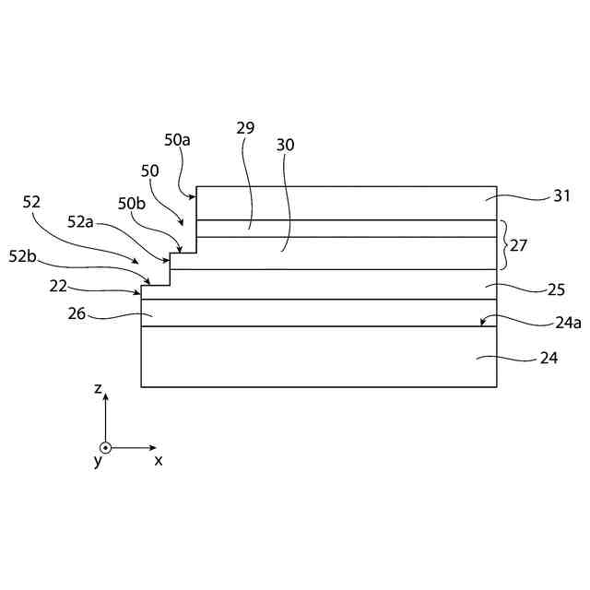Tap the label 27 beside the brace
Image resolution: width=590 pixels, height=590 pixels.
[520, 245]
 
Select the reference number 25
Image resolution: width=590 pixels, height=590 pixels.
[556, 289]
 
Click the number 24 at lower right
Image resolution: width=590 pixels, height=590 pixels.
[549, 359]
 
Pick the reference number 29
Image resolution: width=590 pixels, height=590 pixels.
[245, 128]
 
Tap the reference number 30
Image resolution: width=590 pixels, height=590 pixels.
[286, 145]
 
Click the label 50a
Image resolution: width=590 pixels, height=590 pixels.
[178, 140]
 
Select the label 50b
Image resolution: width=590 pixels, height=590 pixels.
[132, 203]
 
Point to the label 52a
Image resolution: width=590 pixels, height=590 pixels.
[81, 221]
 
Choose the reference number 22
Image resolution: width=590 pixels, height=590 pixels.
[59, 287]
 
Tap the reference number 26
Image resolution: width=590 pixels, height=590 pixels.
[77, 313]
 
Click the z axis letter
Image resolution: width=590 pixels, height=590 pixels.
[98, 390]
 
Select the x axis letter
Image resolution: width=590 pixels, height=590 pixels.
[159, 459]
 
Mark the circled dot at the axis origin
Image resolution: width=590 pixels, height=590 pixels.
[105, 448]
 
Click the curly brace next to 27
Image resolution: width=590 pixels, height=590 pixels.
[503, 244]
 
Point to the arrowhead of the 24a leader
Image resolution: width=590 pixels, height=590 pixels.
[481, 324]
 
